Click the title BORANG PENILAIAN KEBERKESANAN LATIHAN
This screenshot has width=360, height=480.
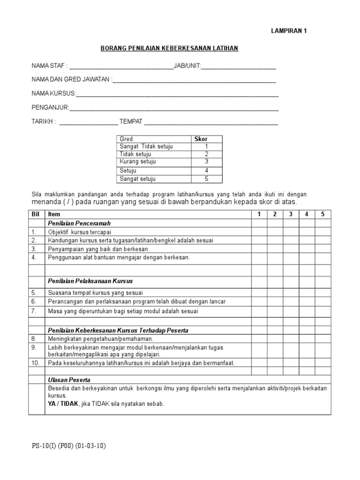(x=170, y=48)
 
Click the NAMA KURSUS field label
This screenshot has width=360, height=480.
(x=53, y=94)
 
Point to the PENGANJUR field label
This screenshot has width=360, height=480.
(x=50, y=108)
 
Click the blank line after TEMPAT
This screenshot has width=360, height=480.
(x=211, y=122)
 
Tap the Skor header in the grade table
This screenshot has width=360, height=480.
(x=201, y=139)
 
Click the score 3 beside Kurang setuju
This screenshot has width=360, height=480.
(x=206, y=162)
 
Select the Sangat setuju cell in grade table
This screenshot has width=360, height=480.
(x=138, y=179)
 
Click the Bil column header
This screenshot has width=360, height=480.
(x=36, y=215)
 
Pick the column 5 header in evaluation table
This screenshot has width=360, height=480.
(x=322, y=215)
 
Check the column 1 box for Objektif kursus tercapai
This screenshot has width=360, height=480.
(x=259, y=232)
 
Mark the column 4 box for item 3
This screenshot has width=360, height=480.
(x=307, y=249)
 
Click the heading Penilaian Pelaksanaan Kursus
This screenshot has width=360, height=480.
(x=90, y=281)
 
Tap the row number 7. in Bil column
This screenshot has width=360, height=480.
(x=34, y=311)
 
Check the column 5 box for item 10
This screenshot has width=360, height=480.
(x=322, y=363)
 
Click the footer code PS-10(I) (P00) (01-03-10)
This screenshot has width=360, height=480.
(x=68, y=446)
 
